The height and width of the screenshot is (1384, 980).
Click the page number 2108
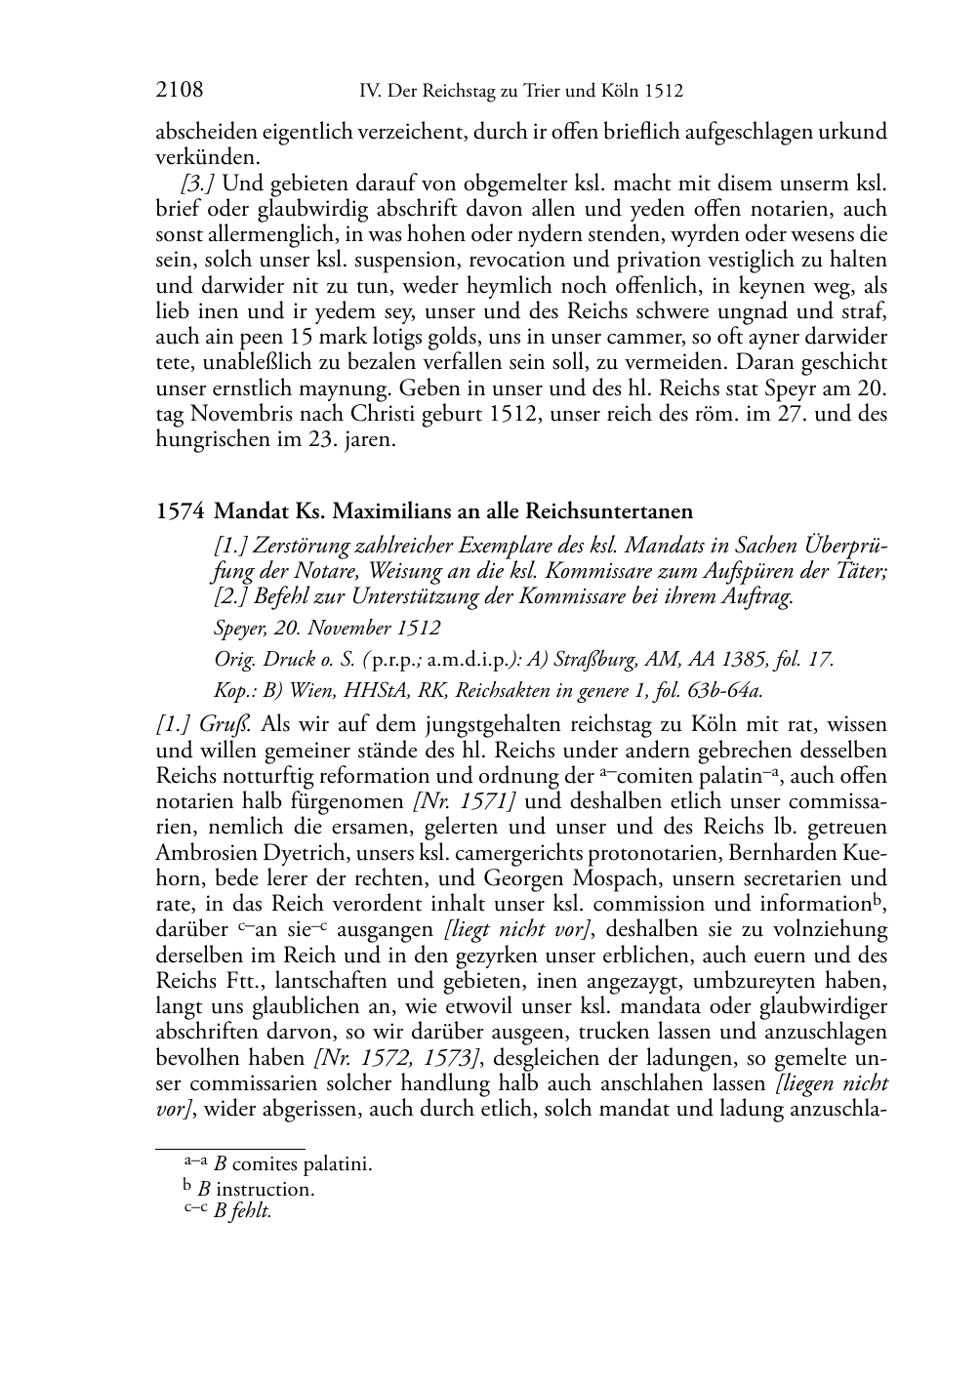point(180,91)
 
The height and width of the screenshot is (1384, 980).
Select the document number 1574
point(180,511)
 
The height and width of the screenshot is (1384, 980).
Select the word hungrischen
point(214,438)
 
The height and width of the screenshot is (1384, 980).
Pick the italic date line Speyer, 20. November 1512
point(327,628)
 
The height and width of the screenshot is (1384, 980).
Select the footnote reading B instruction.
point(256,1189)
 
